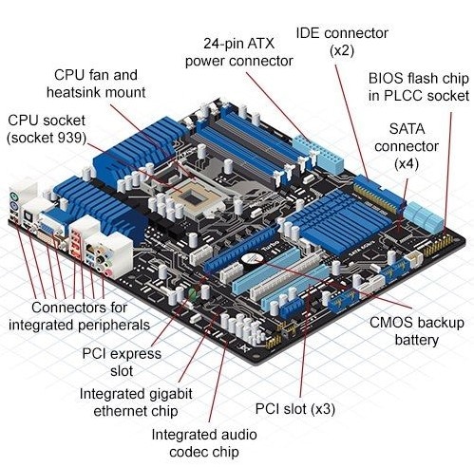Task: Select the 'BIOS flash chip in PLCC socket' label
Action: [x=418, y=86]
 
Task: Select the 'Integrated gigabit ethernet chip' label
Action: [x=142, y=402]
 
